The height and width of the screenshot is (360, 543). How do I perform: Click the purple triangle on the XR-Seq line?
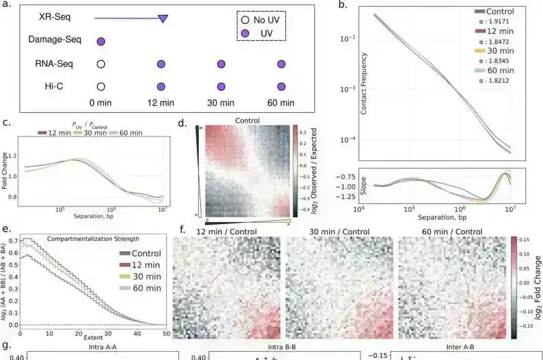click(163, 18)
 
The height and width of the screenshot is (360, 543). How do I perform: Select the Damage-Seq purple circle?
click(100, 41)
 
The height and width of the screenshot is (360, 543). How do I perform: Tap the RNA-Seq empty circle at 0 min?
click(100, 65)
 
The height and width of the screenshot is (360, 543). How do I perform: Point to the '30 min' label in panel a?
click(221, 103)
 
